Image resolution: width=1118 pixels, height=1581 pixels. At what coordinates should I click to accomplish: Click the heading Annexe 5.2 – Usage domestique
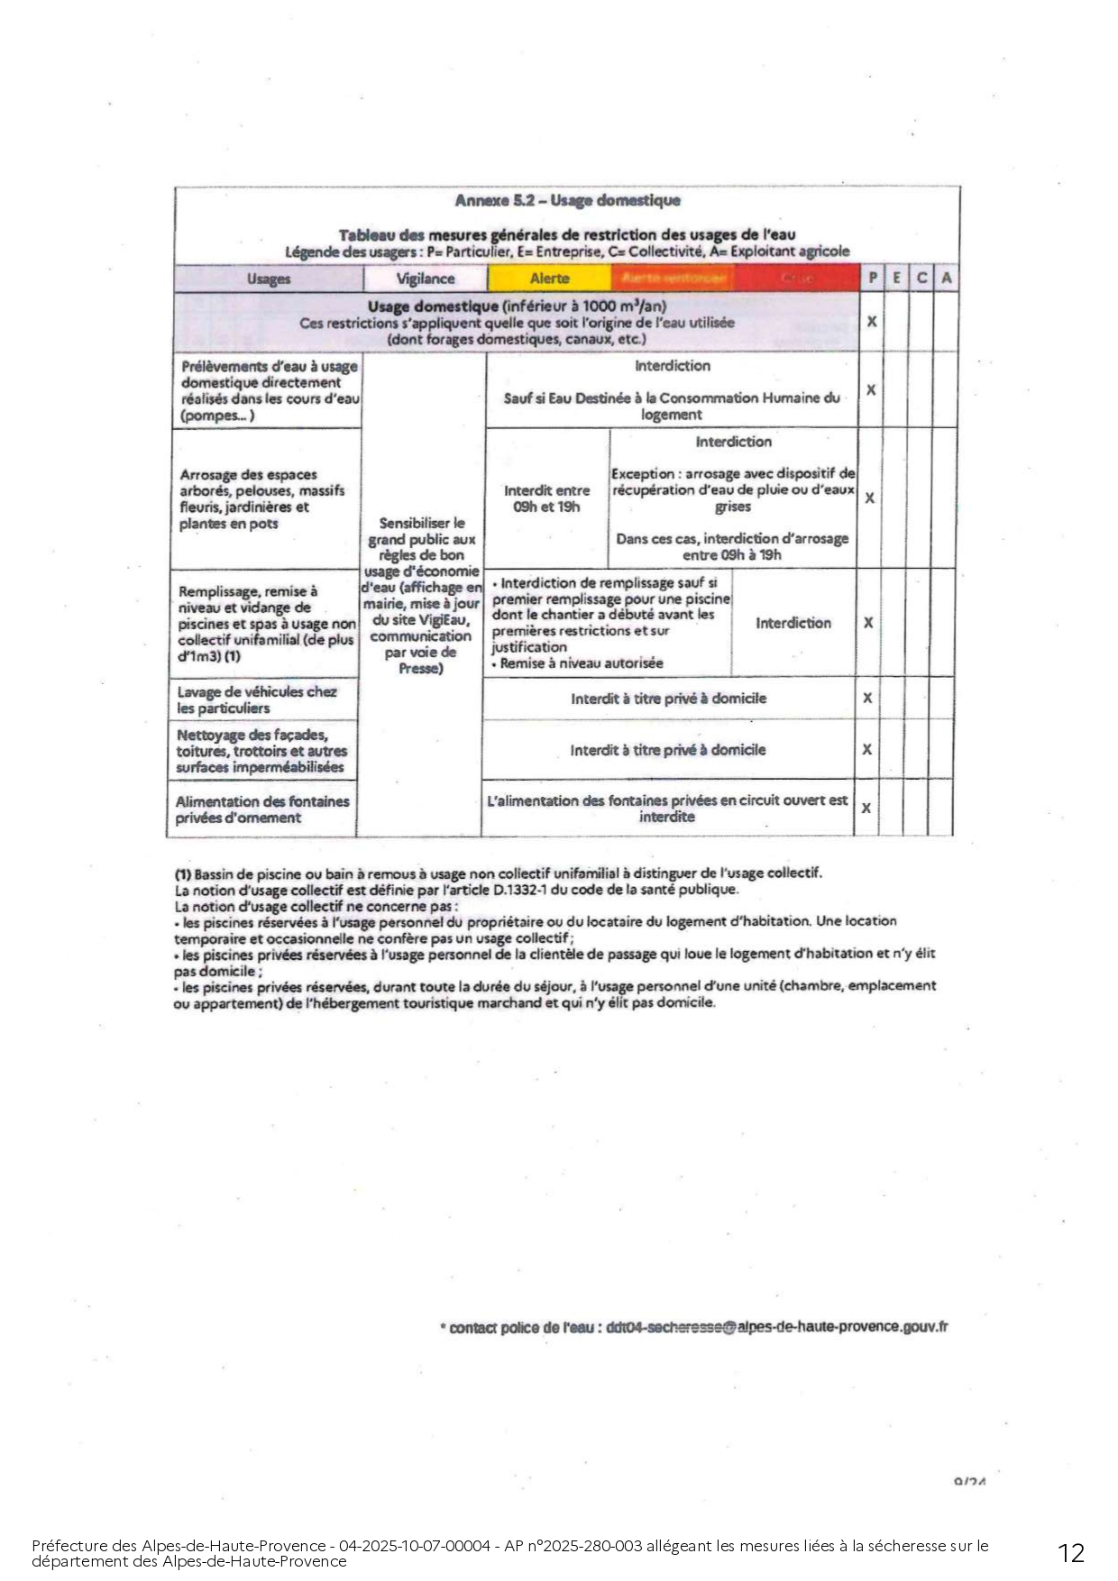point(567,200)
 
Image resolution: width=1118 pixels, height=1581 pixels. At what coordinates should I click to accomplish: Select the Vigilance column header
point(426,279)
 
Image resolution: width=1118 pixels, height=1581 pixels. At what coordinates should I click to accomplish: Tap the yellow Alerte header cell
point(549,279)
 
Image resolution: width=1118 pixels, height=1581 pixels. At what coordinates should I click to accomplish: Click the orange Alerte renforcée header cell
point(674,279)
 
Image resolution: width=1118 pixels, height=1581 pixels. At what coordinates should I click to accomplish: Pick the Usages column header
point(269,279)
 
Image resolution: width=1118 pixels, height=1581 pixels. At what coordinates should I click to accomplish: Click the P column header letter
point(872,279)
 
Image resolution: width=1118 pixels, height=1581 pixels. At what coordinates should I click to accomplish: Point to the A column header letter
point(946,279)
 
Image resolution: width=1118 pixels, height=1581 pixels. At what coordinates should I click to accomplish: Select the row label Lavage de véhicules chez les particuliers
point(257,699)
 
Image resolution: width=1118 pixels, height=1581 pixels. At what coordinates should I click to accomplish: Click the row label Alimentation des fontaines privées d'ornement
point(262,809)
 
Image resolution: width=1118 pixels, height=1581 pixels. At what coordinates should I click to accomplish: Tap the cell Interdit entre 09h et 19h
point(546,498)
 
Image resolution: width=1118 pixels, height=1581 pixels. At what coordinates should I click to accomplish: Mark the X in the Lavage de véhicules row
point(867,698)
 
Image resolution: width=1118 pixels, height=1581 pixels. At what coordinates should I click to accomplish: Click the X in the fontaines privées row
point(866,808)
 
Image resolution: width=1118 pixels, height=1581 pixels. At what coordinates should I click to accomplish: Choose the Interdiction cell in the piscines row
point(793,623)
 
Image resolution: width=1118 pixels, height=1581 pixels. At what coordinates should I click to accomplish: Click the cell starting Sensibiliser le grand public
point(421,595)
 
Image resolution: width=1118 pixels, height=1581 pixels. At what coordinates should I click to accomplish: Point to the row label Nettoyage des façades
point(261,751)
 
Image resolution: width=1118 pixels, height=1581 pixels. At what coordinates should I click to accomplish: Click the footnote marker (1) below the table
point(183,873)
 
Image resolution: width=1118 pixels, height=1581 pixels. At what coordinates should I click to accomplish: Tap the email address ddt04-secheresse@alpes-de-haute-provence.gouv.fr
point(777,1327)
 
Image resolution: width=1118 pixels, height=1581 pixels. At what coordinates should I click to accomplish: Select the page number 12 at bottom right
point(1071,1552)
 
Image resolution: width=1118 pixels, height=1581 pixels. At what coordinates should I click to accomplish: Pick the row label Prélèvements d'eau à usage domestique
point(269,390)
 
